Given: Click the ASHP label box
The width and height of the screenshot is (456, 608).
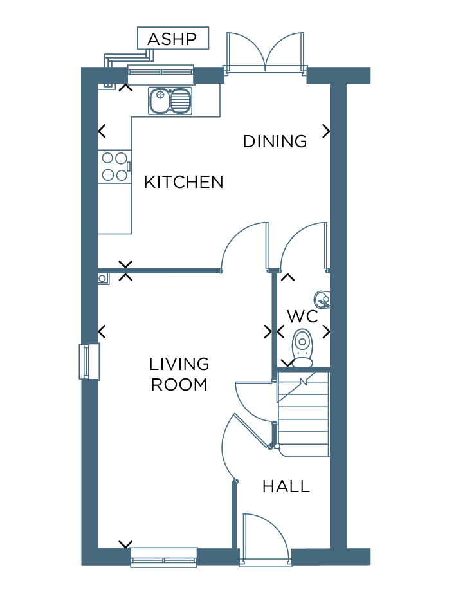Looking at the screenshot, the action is (173, 39).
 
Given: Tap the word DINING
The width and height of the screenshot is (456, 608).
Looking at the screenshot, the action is (275, 142).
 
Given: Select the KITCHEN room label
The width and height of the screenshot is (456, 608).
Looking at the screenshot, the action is (184, 182).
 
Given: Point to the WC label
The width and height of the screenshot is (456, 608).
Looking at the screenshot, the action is (302, 317).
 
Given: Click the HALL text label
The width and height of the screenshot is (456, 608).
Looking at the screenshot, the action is (286, 486).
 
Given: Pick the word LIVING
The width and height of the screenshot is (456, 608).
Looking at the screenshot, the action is (179, 364).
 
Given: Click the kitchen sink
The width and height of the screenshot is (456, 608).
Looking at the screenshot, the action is (170, 101).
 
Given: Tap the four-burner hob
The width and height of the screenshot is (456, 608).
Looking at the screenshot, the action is (114, 167).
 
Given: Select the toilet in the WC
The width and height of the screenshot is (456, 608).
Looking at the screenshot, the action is (302, 348).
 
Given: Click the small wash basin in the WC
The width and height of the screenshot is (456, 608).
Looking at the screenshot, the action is (322, 299).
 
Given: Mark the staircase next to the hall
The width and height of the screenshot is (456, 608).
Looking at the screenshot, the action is (303, 414).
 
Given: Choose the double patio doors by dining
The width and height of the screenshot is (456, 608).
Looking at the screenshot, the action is (265, 52).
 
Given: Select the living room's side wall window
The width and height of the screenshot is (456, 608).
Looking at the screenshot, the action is (89, 362).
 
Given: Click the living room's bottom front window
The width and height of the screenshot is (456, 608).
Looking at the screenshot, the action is (163, 558).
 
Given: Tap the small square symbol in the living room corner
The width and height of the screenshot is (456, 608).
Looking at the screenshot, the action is (103, 279).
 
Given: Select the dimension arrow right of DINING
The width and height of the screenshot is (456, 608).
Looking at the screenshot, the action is (327, 131).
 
